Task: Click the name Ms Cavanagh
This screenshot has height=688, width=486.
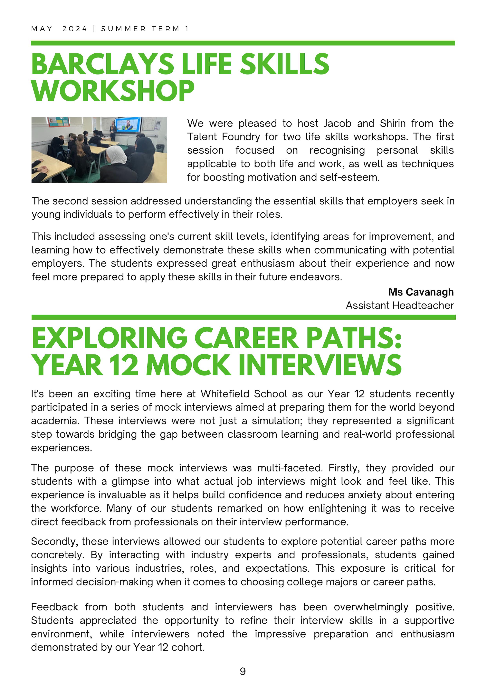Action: coord(421,292)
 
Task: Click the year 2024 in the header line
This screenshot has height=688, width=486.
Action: coord(75,29)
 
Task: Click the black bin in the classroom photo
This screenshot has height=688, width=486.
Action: coord(160,147)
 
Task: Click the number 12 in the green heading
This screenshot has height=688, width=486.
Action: coord(124,365)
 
